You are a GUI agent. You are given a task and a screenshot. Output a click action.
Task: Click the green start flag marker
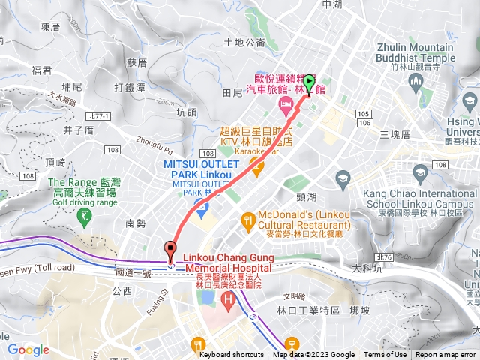click(x=309, y=83)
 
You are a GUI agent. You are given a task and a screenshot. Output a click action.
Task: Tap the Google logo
click(x=28, y=349)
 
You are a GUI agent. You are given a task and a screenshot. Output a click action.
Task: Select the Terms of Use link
click(x=385, y=355)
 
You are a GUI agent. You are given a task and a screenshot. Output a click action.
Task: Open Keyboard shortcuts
click(x=232, y=355)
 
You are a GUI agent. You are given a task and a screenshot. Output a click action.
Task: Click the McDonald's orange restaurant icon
click(x=247, y=220)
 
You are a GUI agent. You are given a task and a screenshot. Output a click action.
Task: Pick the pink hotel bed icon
click(x=285, y=103)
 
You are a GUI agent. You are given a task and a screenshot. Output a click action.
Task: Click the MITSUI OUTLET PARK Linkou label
click(x=201, y=169)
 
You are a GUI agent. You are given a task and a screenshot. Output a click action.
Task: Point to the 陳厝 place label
click(x=49, y=27)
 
